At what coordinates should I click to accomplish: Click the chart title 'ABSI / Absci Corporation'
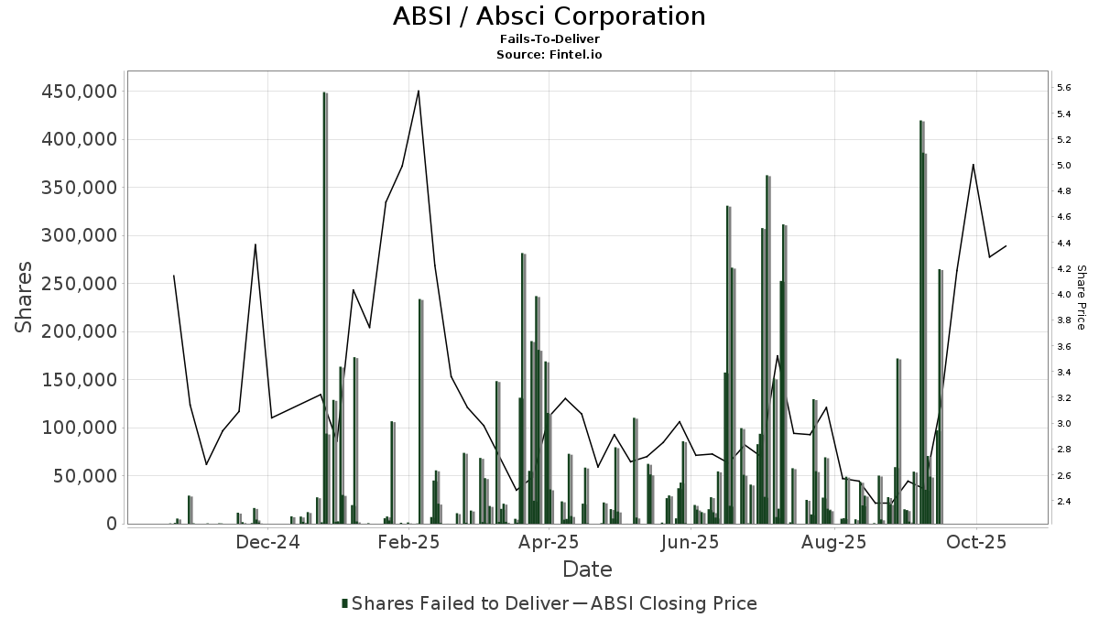[549, 16]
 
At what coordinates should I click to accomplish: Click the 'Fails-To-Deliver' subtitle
[549, 39]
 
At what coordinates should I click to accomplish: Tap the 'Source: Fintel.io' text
[549, 54]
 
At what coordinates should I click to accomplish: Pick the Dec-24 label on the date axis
[267, 542]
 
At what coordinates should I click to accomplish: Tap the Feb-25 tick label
[409, 542]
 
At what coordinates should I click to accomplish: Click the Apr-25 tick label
[549, 542]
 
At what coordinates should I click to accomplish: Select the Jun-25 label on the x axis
[691, 542]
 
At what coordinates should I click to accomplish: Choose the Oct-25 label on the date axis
[976, 542]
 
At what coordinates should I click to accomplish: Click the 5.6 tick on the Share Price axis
[1064, 88]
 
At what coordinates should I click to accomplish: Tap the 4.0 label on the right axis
[1064, 295]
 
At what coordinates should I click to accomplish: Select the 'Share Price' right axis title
[1081, 298]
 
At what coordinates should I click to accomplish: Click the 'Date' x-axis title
[587, 569]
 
